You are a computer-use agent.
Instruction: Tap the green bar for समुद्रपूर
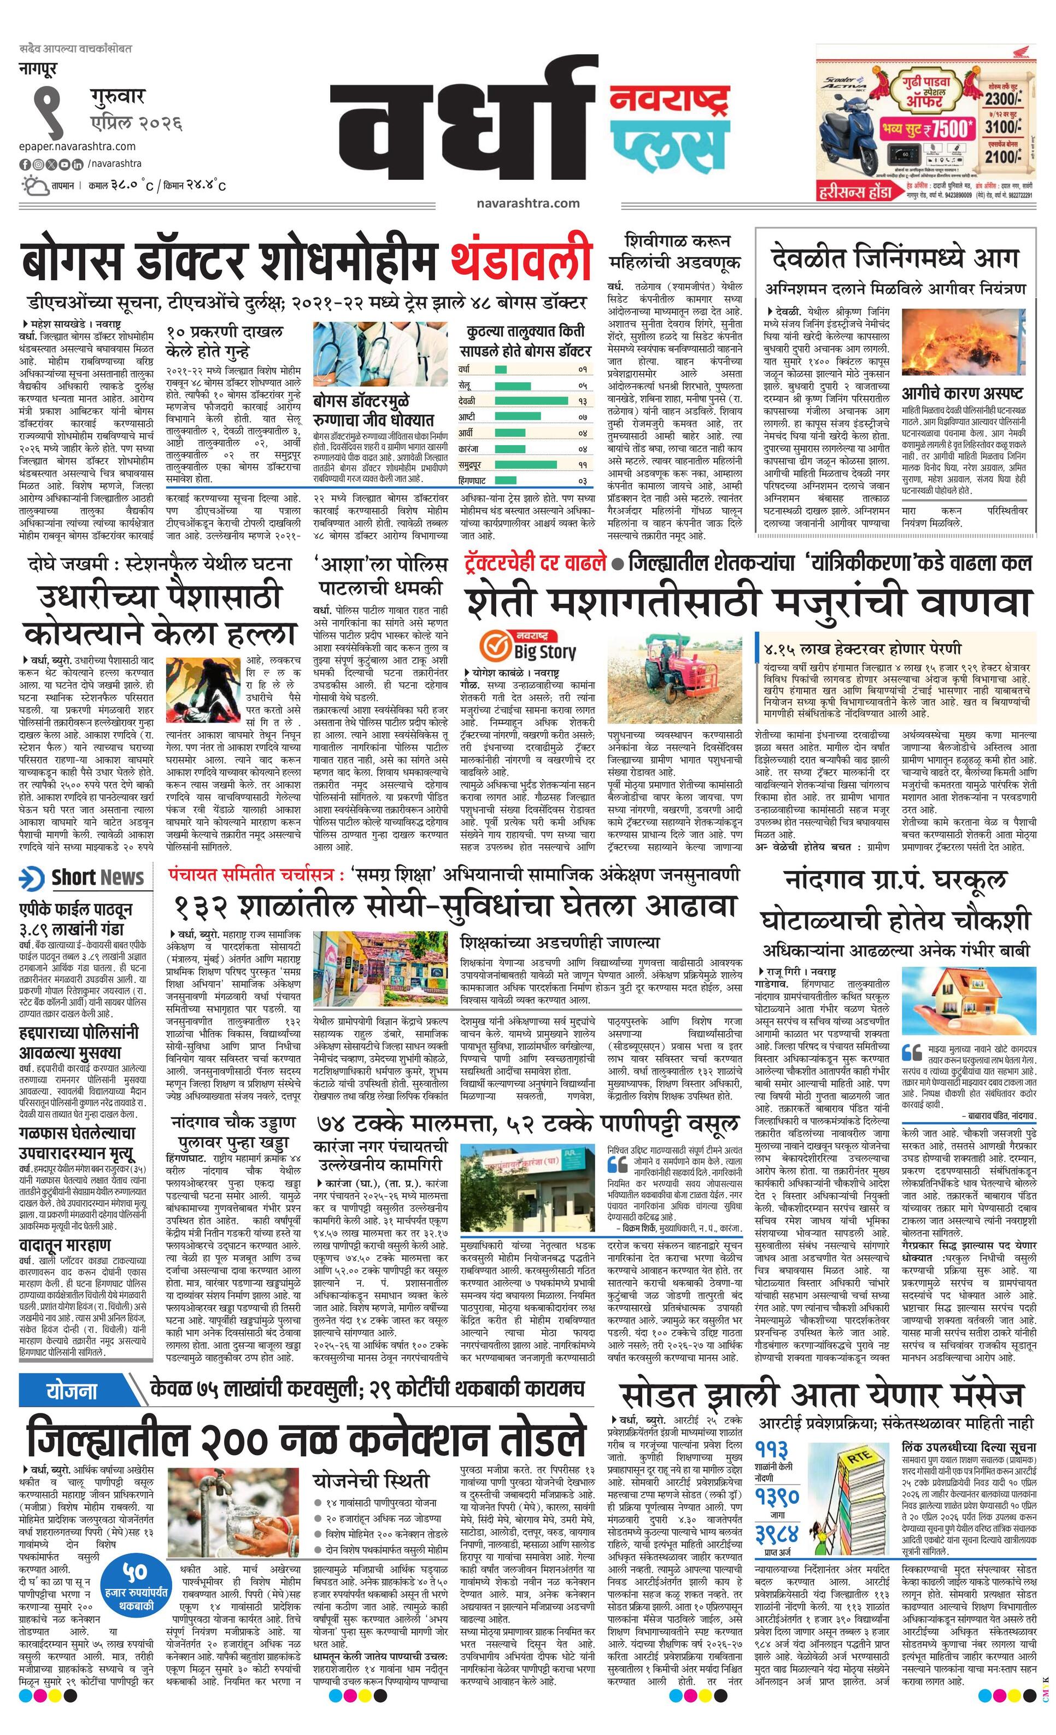[528, 465]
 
